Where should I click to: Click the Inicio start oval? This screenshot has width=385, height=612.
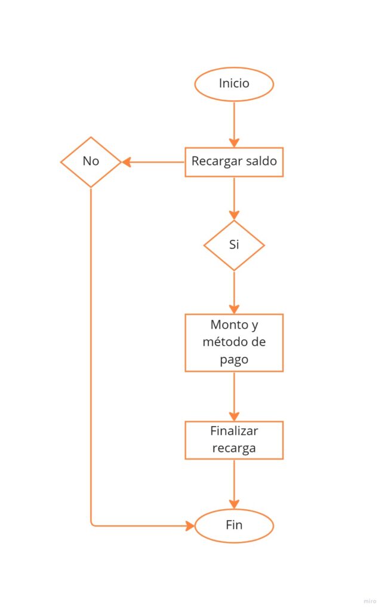[x=234, y=84]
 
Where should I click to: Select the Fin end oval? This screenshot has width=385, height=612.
[x=234, y=526]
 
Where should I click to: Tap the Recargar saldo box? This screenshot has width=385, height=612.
[x=234, y=162]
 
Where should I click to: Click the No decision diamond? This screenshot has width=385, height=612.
[x=91, y=161]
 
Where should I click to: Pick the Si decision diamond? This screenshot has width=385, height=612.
[x=234, y=245]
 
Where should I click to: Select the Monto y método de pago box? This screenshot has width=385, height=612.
[x=234, y=342]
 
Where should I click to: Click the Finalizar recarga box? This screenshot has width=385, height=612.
[x=234, y=440]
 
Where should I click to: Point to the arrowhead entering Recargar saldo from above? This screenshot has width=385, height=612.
[x=234, y=142]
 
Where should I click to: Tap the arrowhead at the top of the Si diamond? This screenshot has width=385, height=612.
[x=234, y=215]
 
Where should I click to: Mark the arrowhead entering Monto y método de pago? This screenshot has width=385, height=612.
[x=234, y=309]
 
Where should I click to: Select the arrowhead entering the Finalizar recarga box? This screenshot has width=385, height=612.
[x=234, y=416]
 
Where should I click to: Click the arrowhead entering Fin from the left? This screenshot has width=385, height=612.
[x=190, y=526]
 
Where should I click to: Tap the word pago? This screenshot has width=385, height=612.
[x=234, y=360]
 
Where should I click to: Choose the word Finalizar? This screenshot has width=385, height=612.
[x=234, y=431]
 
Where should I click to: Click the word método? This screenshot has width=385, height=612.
[x=225, y=342]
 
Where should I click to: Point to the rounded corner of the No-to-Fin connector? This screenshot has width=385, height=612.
[x=93, y=524]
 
